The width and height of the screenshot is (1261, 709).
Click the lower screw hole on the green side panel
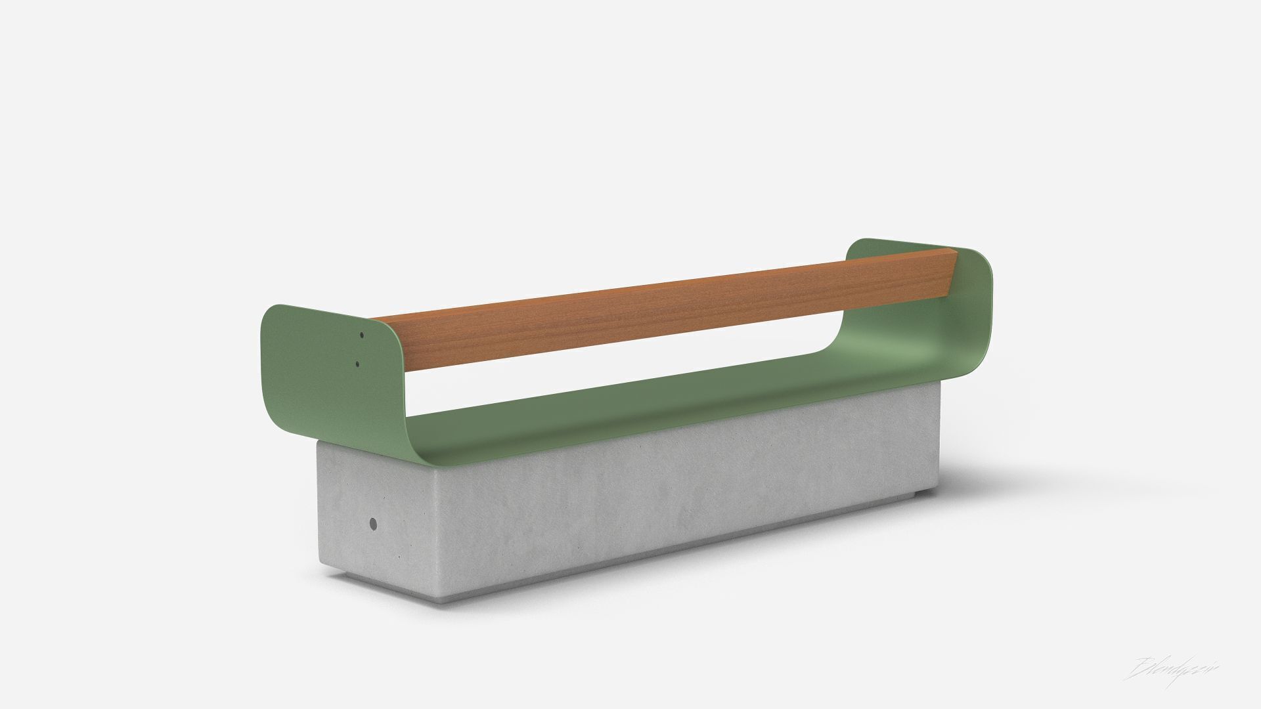[357, 363]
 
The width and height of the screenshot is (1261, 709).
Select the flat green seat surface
[657, 407]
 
